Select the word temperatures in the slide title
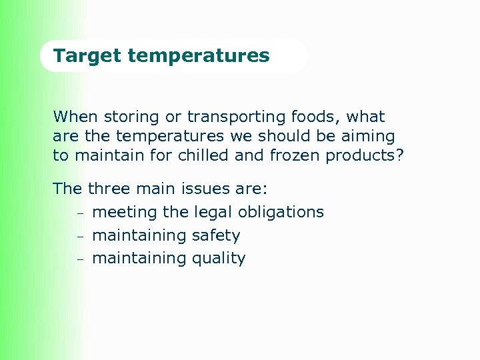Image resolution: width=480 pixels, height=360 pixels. point(199,55)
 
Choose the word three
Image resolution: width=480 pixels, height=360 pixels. point(109,189)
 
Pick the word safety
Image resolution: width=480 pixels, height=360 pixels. point(216,235)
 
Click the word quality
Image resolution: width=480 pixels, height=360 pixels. point(219,259)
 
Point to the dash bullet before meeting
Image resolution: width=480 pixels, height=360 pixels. point(78,214)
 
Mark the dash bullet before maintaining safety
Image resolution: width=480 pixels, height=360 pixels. point(78,237)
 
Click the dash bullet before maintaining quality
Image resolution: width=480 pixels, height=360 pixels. point(78,259)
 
